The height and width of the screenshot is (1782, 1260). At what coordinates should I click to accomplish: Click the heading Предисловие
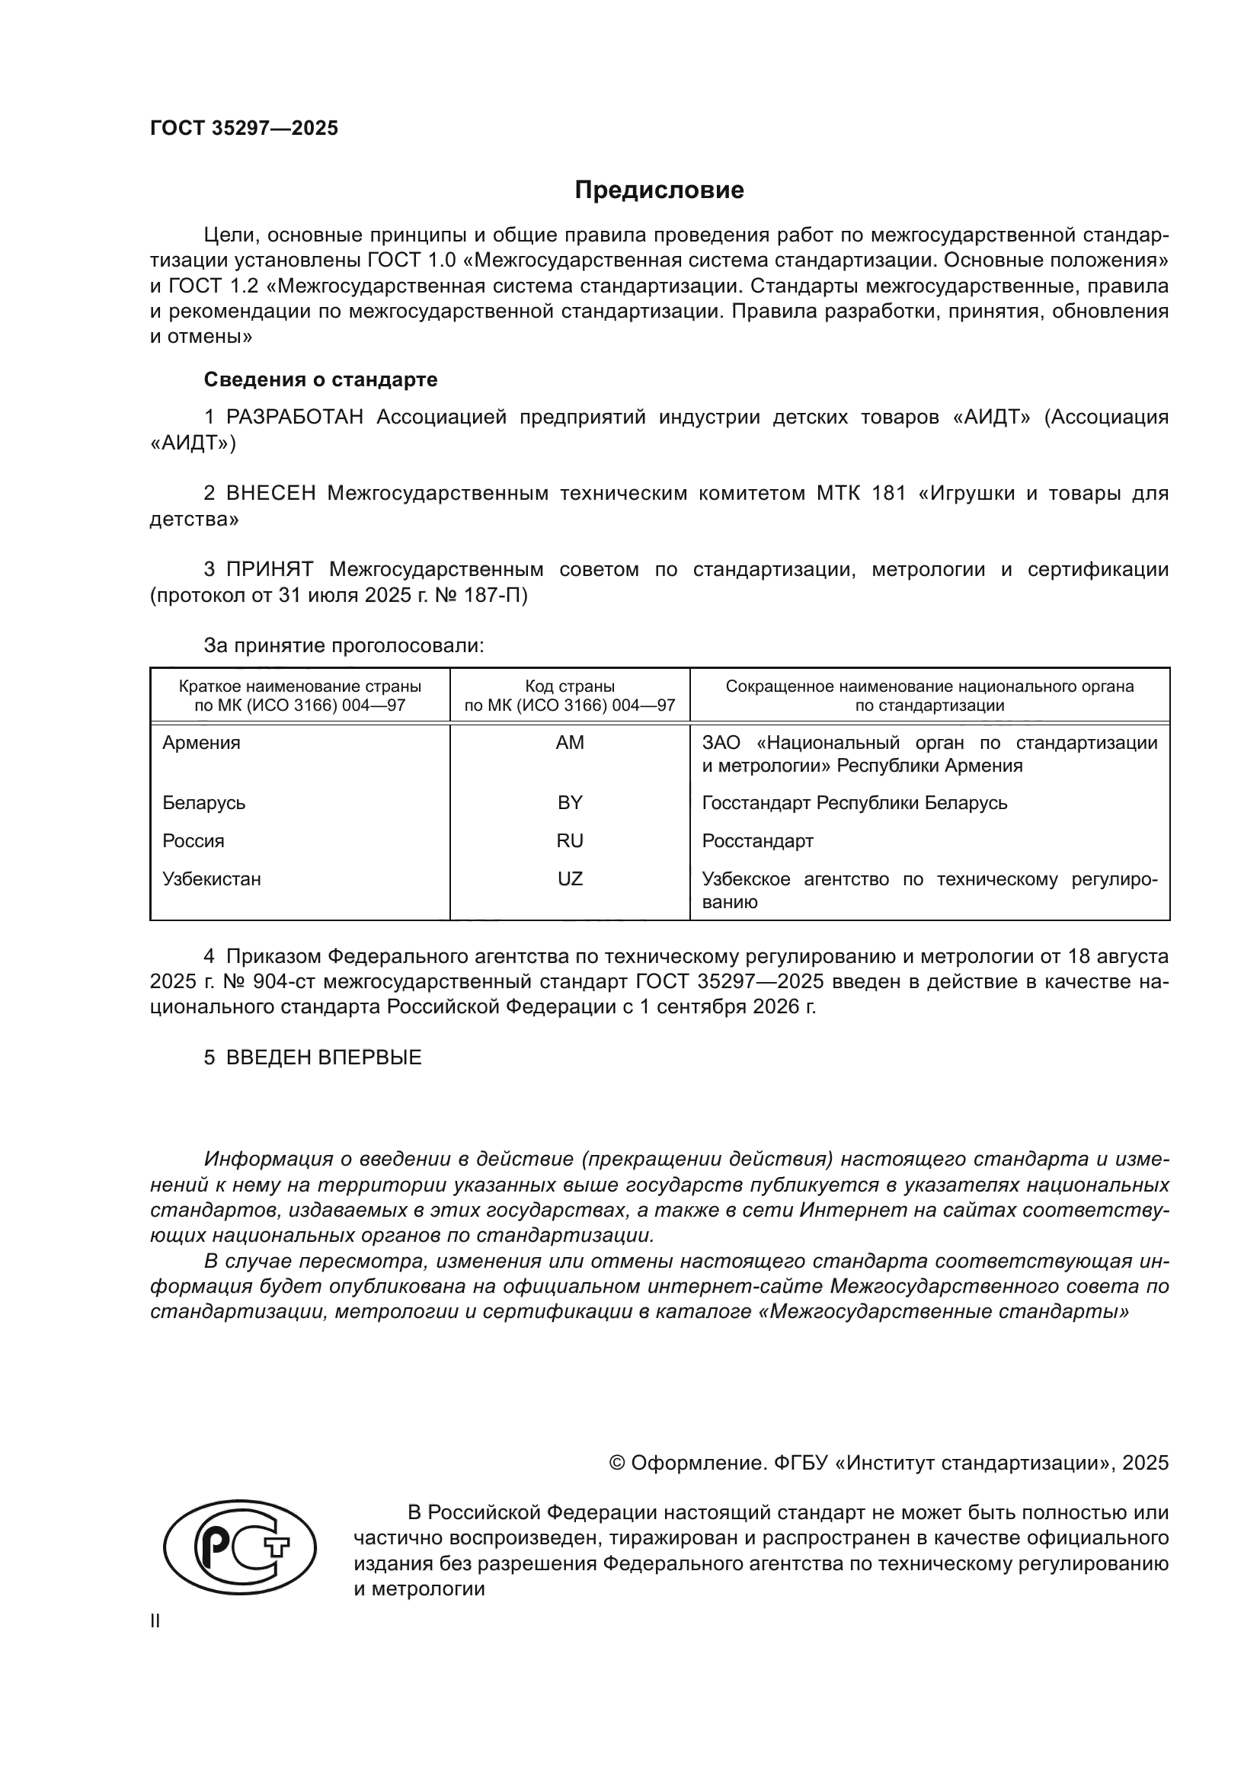[659, 190]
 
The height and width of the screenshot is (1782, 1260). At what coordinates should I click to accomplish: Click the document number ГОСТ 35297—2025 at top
[245, 129]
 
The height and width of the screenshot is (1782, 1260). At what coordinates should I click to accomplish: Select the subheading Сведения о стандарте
[321, 379]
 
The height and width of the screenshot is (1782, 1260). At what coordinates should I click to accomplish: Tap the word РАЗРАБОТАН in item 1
[295, 418]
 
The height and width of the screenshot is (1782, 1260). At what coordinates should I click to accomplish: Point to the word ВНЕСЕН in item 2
[270, 494]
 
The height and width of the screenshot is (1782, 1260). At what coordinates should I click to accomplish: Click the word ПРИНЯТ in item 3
[270, 570]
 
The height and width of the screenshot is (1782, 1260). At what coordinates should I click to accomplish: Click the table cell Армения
[202, 743]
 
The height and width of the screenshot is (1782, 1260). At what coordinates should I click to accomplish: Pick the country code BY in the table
[570, 802]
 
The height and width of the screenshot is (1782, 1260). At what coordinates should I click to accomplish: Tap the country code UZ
[570, 878]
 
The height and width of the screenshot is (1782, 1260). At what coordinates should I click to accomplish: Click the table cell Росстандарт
[757, 840]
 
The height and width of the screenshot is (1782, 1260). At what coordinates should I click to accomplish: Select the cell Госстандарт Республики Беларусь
[854, 802]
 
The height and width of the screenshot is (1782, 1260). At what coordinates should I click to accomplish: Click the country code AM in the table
[570, 743]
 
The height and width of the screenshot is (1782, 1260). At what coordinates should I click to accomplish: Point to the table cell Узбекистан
[212, 878]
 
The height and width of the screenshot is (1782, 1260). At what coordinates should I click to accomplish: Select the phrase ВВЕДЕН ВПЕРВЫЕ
[324, 1058]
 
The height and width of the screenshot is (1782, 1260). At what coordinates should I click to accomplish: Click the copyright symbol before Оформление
[618, 1463]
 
